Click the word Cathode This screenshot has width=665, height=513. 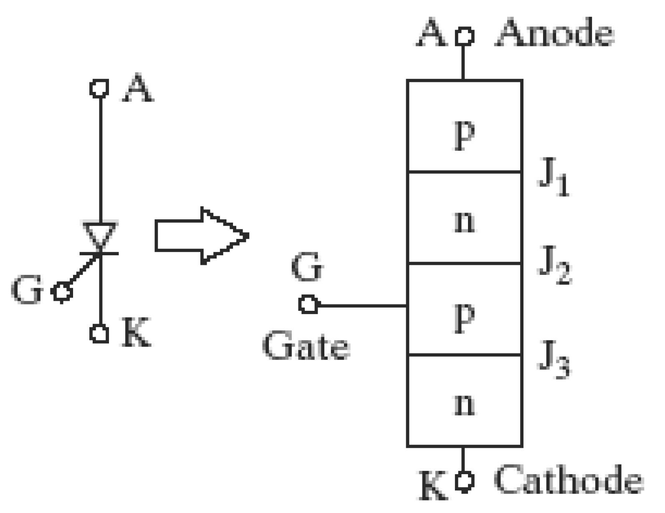coord(569,479)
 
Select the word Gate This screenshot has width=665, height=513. coord(306,345)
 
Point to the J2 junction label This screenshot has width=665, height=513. coord(554,265)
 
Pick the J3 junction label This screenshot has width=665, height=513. coord(554,360)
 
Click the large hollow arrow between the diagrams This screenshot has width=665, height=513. coord(202,236)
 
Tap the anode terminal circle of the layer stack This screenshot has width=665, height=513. coord(464,36)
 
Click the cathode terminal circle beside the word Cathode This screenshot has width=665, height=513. coord(464,482)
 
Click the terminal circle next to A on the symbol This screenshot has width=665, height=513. coord(99,89)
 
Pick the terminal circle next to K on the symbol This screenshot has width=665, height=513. coord(99,333)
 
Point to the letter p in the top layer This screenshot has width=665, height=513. coord(464,135)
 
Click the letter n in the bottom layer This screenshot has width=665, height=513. coord(464,404)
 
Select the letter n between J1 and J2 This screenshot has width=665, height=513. coord(464,222)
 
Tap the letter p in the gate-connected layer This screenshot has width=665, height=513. coord(464,318)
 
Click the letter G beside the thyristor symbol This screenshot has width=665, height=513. coord(26,289)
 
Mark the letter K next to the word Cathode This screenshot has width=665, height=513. coord(432,485)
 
